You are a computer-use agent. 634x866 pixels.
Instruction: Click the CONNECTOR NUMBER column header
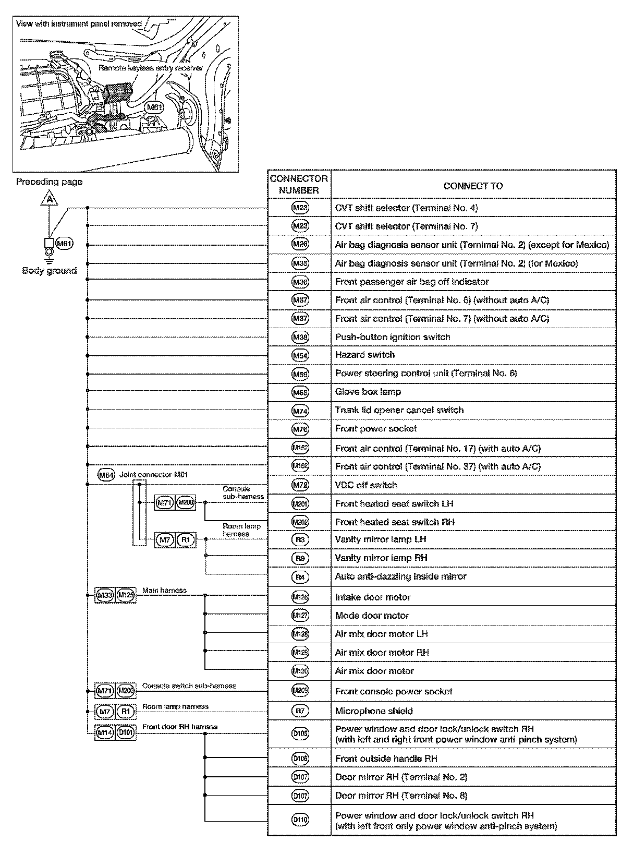299,185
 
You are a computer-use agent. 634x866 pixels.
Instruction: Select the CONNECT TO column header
473,186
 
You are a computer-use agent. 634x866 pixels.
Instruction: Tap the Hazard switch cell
365,355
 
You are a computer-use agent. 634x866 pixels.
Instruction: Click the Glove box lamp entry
368,392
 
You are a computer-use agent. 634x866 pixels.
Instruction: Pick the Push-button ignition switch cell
393,337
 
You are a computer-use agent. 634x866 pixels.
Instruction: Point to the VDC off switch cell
366,485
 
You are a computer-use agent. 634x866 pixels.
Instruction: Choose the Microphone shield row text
374,711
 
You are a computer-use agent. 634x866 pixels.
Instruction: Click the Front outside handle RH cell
386,759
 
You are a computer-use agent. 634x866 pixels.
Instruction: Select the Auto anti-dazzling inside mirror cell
400,576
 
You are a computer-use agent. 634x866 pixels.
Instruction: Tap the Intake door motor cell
373,597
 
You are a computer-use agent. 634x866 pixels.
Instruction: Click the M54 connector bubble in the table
300,355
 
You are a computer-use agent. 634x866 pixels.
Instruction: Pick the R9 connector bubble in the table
300,558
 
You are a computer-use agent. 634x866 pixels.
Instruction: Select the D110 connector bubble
300,820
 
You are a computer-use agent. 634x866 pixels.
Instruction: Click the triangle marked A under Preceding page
49,200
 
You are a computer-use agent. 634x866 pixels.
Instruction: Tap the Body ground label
49,271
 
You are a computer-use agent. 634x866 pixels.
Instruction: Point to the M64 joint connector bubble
106,475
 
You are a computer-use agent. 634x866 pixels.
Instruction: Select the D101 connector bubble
126,732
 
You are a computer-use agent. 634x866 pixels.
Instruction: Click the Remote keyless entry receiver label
150,68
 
